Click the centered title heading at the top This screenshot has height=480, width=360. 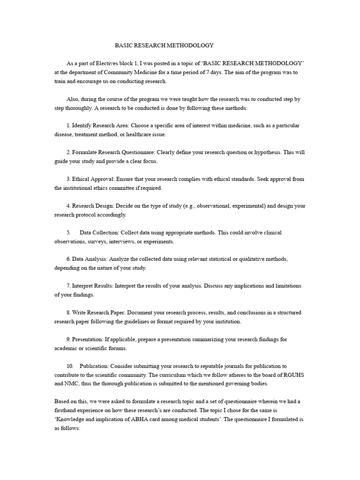tap(164, 45)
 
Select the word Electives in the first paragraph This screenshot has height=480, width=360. tap(108, 63)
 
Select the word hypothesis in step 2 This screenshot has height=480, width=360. tap(272, 152)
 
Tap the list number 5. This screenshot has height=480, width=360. tap(68, 232)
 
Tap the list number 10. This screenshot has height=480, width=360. tap(70, 366)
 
